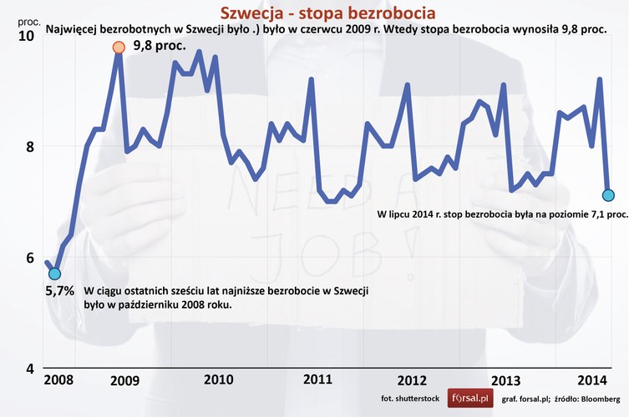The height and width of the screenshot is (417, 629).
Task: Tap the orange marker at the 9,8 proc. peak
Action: click(x=119, y=47)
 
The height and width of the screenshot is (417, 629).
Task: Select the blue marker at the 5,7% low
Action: click(x=54, y=274)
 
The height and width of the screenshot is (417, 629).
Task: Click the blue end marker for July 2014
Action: click(x=608, y=195)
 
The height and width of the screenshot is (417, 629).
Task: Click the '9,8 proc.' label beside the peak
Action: click(x=160, y=46)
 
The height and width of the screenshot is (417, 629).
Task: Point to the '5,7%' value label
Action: click(x=58, y=292)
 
